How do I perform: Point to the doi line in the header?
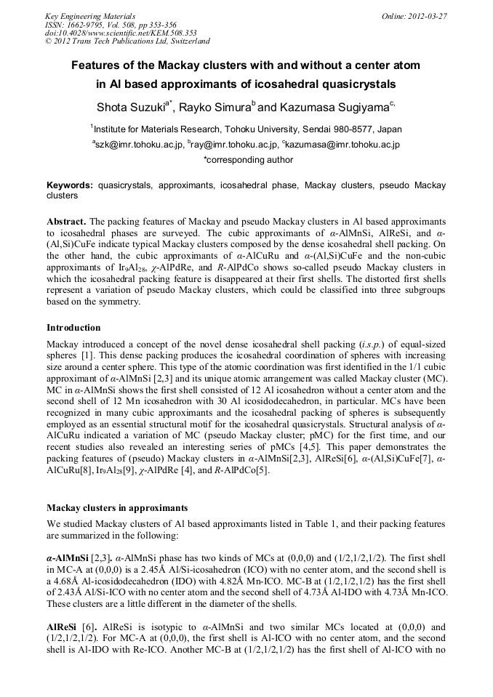tap(121, 33)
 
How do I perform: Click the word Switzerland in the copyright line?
tap(184, 42)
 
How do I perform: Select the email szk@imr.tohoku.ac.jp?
tap(139, 145)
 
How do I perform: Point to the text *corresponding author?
tap(246, 158)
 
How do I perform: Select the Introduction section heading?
tap(73, 328)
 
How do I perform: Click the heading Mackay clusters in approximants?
tap(116, 507)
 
